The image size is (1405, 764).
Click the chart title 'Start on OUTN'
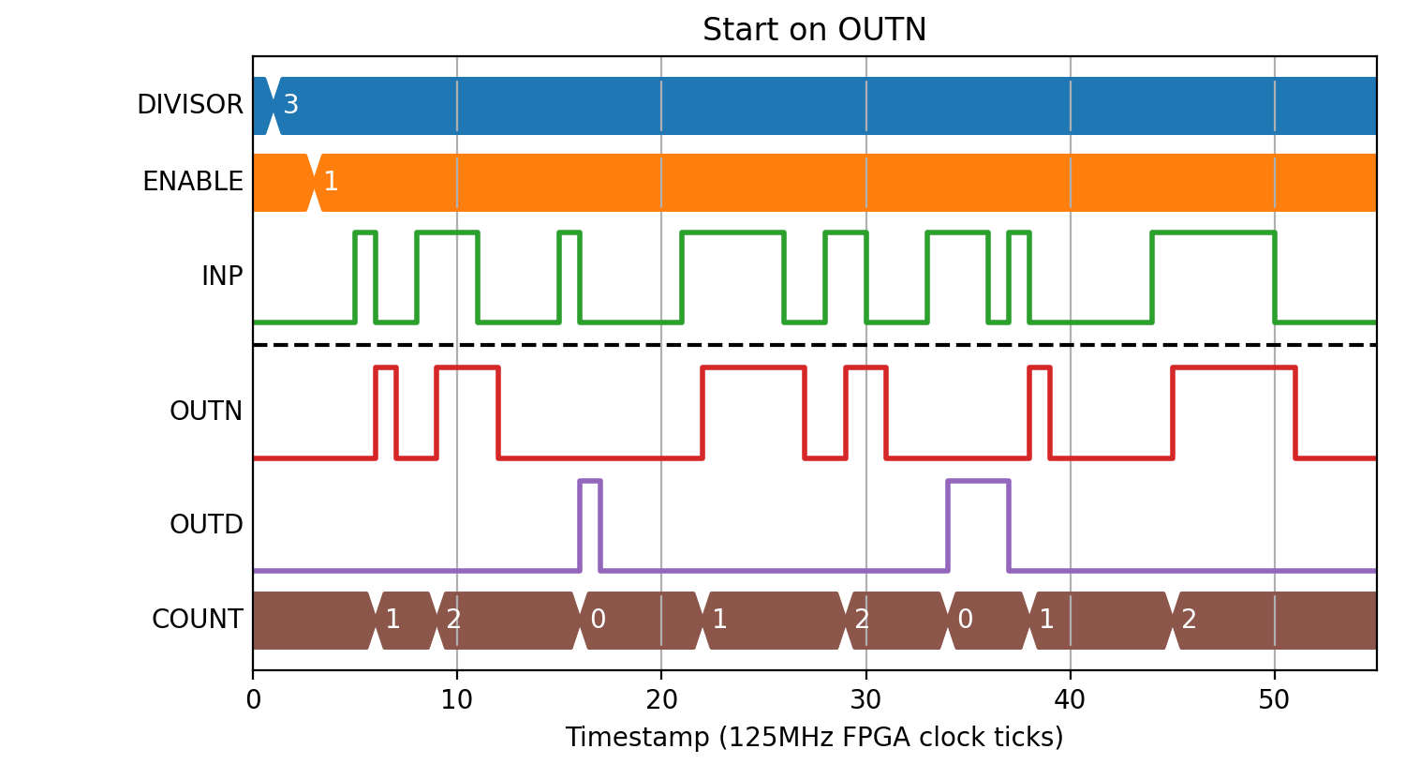(x=814, y=29)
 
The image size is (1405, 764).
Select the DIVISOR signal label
(x=190, y=104)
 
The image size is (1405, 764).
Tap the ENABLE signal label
(x=193, y=182)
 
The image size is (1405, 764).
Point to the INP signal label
(x=222, y=276)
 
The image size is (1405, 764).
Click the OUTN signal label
(x=206, y=412)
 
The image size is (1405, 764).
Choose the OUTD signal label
(x=206, y=524)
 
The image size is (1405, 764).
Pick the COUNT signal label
(x=197, y=619)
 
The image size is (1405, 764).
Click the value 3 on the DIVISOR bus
(x=290, y=104)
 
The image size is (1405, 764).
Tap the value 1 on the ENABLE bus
(x=331, y=182)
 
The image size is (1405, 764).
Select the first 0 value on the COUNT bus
(x=599, y=619)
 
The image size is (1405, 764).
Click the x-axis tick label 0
(x=254, y=699)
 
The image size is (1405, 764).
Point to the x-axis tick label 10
(x=457, y=699)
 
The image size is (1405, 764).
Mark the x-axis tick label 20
(x=661, y=699)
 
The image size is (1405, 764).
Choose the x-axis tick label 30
(x=865, y=699)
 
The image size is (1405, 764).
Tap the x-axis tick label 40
(x=1070, y=699)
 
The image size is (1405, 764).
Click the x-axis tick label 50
(x=1274, y=699)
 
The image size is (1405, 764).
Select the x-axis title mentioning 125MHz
(x=814, y=737)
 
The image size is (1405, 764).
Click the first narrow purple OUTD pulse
(x=590, y=482)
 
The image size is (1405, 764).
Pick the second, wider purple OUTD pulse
(x=979, y=482)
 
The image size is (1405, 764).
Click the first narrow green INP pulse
(x=365, y=232)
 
